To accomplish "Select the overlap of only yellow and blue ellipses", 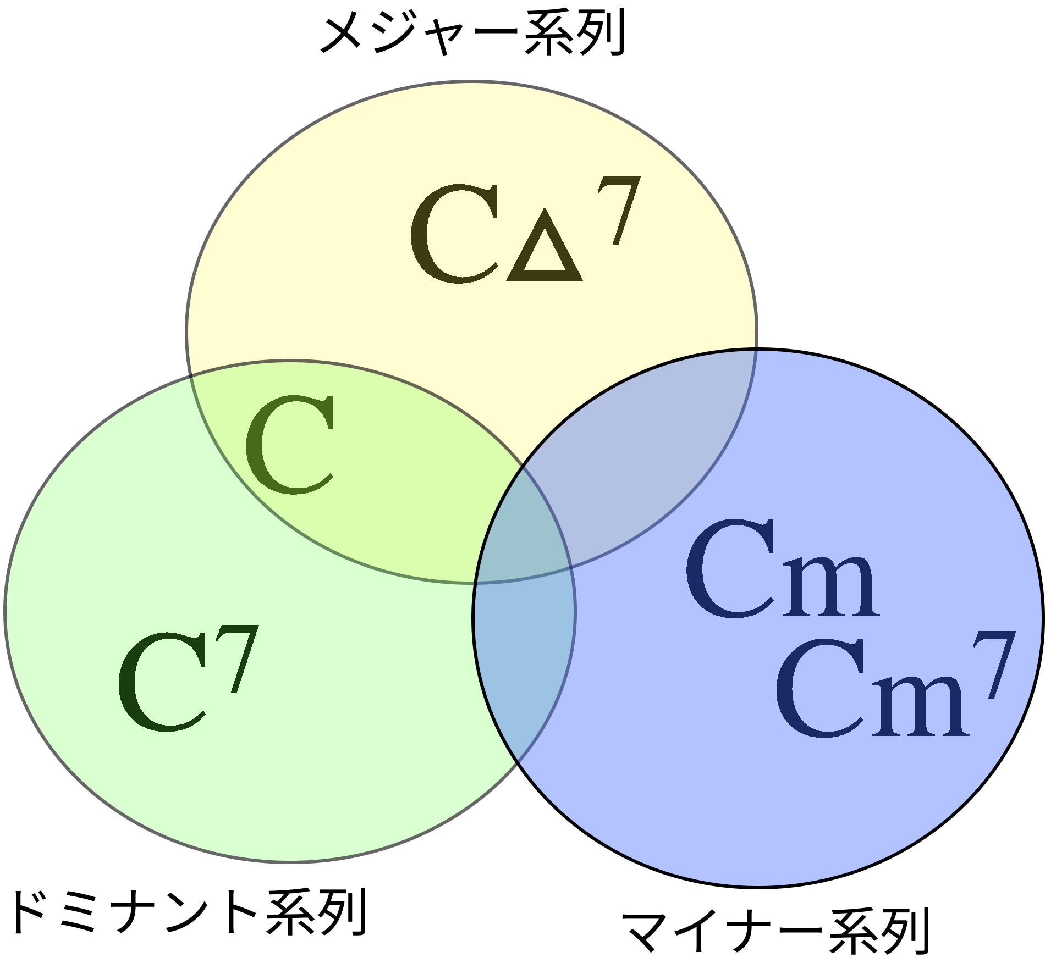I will click(649, 440).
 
